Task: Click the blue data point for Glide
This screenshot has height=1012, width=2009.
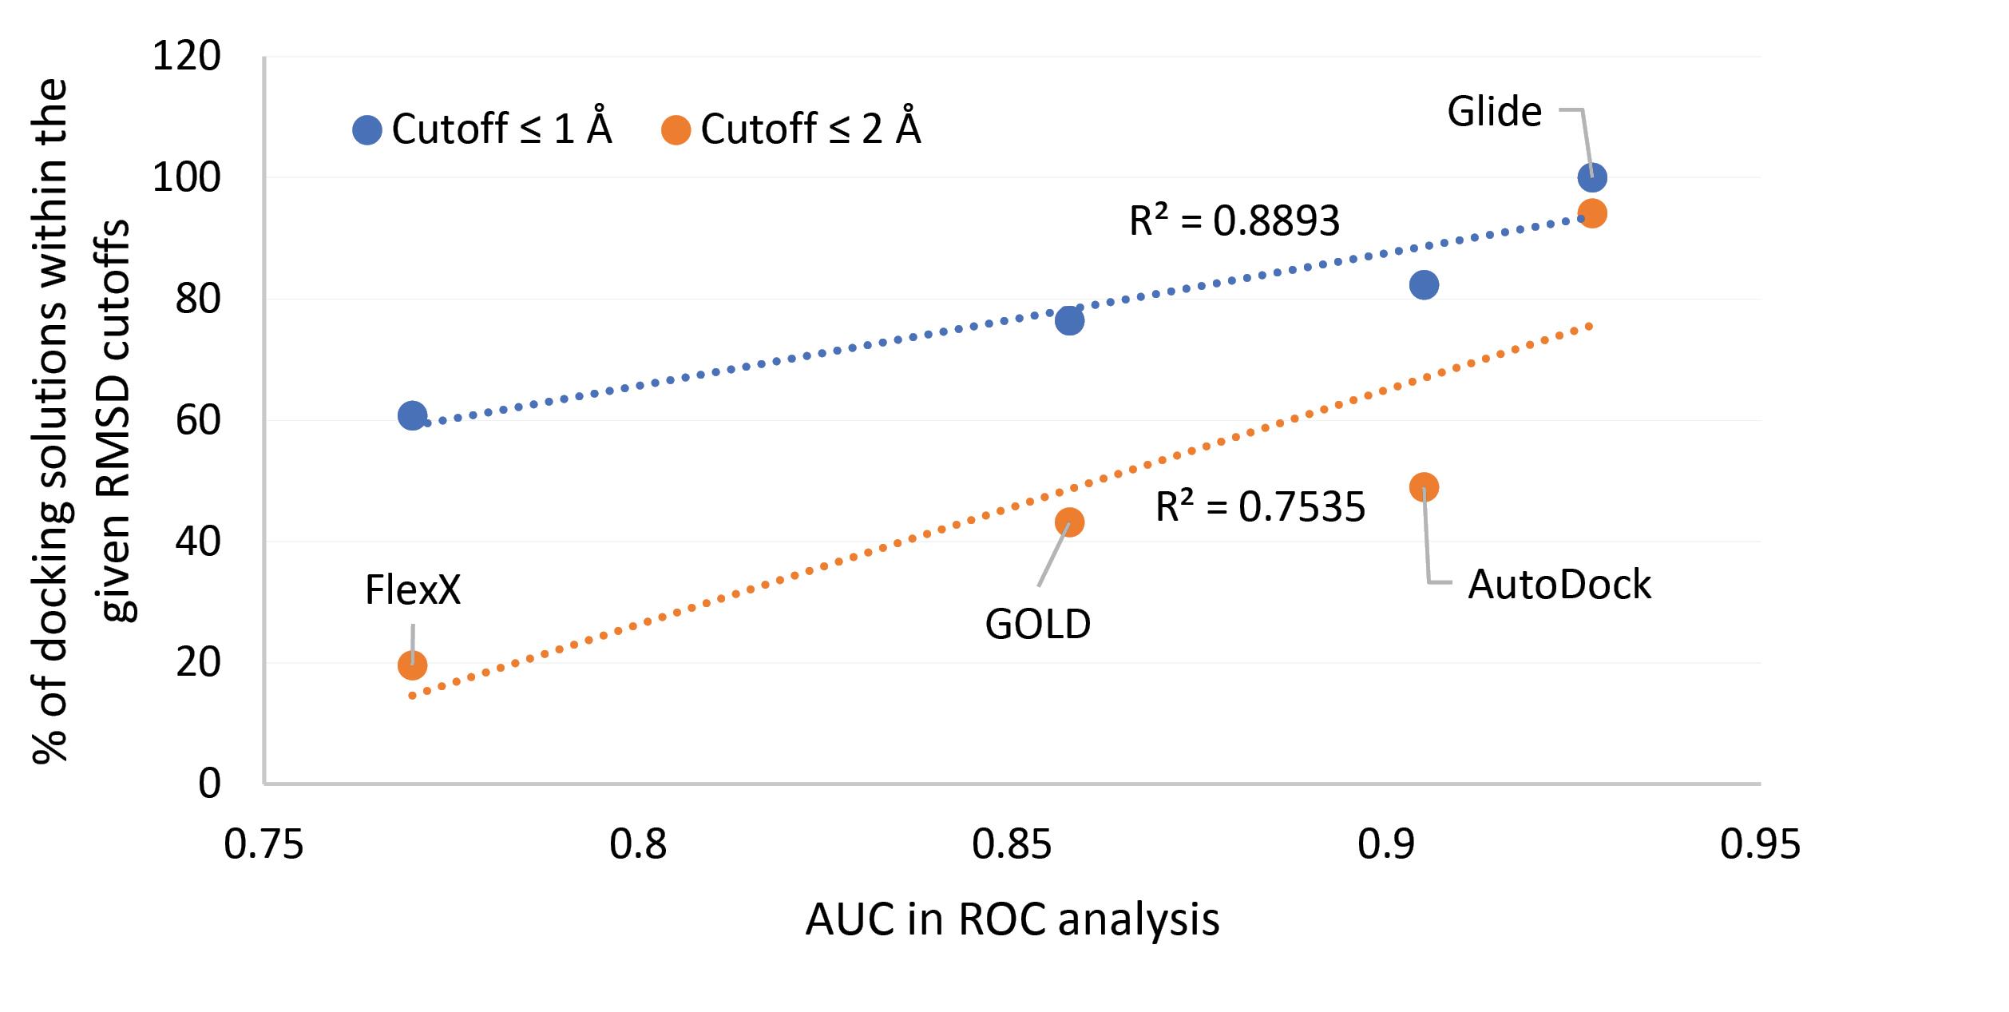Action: coord(1591,177)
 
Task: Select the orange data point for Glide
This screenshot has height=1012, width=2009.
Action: coord(1591,214)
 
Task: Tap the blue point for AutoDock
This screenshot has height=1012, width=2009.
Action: coord(1424,285)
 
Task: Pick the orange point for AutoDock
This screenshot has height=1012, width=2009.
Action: coord(1424,487)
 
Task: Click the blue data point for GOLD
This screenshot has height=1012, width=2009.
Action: coord(1069,321)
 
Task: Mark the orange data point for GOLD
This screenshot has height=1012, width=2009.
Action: coord(1069,522)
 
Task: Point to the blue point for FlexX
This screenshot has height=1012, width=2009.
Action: coord(412,415)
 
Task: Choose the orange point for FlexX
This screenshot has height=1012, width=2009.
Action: coord(412,665)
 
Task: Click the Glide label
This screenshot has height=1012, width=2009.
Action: coord(1494,112)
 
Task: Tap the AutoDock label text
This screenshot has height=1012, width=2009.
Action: coord(1559,585)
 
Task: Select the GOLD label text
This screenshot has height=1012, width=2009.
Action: coord(1037,625)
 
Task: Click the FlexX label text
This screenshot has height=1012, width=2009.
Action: coord(413,591)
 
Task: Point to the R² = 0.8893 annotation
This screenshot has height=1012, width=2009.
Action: coord(1234,221)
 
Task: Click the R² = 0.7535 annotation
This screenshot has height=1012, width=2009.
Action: coord(1260,507)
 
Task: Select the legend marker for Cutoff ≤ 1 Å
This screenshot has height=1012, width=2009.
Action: coord(367,129)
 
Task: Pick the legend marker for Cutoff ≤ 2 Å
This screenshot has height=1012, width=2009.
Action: coord(676,129)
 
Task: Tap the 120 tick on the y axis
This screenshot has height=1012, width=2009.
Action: coord(187,57)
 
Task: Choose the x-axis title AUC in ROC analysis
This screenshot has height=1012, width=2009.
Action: coord(1012,919)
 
